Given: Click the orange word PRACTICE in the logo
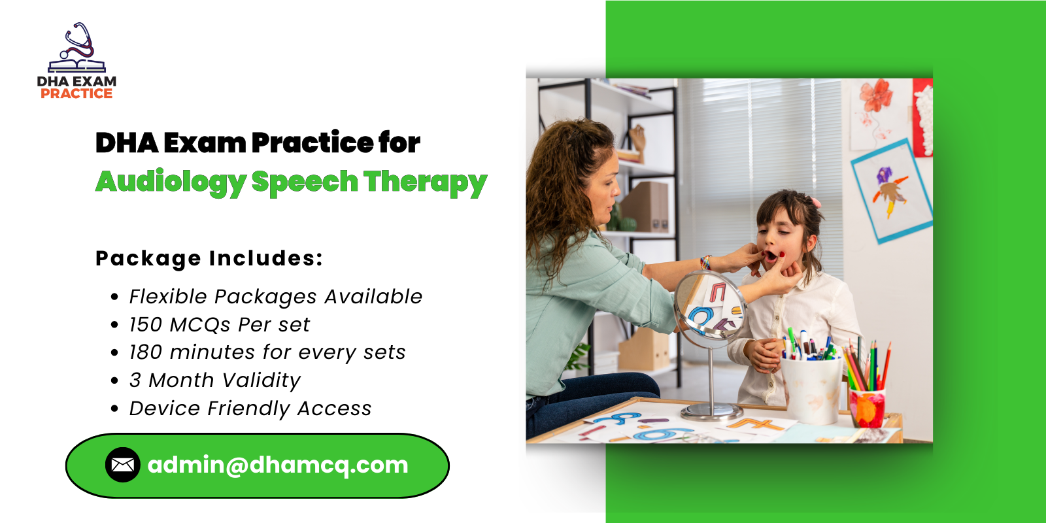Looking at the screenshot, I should pos(76,93).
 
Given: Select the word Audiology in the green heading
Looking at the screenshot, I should pos(171,182).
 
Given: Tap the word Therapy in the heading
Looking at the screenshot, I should pos(425,182).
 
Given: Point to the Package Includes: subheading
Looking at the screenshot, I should pos(209,258).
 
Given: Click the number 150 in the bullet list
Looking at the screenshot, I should pos(145,325).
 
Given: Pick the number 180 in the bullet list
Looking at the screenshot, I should pos(145,352).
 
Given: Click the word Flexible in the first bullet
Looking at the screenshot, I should pos(168,297).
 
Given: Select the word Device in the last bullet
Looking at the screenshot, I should pos(165,409).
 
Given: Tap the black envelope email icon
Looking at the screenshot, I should pos(122,465).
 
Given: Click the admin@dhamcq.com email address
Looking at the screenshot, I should pos(278,465).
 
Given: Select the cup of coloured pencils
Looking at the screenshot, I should pos(867,405).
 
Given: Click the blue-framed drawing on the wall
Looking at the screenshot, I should pos(891,190).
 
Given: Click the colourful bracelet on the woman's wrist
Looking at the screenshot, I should pos(705,263).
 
